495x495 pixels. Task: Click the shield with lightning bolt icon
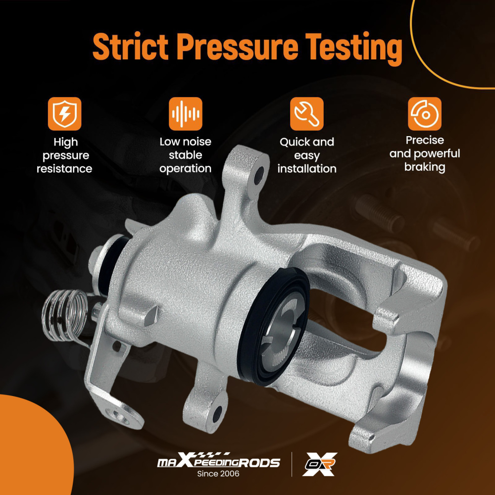click(x=65, y=114)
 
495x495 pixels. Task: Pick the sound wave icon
click(x=185, y=114)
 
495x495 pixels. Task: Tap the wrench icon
click(x=307, y=114)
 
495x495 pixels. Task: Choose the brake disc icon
click(x=425, y=114)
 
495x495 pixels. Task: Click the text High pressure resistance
click(x=64, y=155)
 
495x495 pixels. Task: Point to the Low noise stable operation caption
click(x=185, y=155)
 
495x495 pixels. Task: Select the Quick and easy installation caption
click(x=307, y=155)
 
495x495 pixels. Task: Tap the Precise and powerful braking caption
click(x=425, y=153)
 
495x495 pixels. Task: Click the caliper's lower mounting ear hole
click(x=217, y=414)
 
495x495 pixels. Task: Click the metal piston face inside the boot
click(x=278, y=328)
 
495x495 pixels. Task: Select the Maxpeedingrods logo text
click(x=218, y=461)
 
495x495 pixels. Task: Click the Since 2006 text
click(x=218, y=474)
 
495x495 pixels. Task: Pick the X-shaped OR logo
click(x=320, y=464)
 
